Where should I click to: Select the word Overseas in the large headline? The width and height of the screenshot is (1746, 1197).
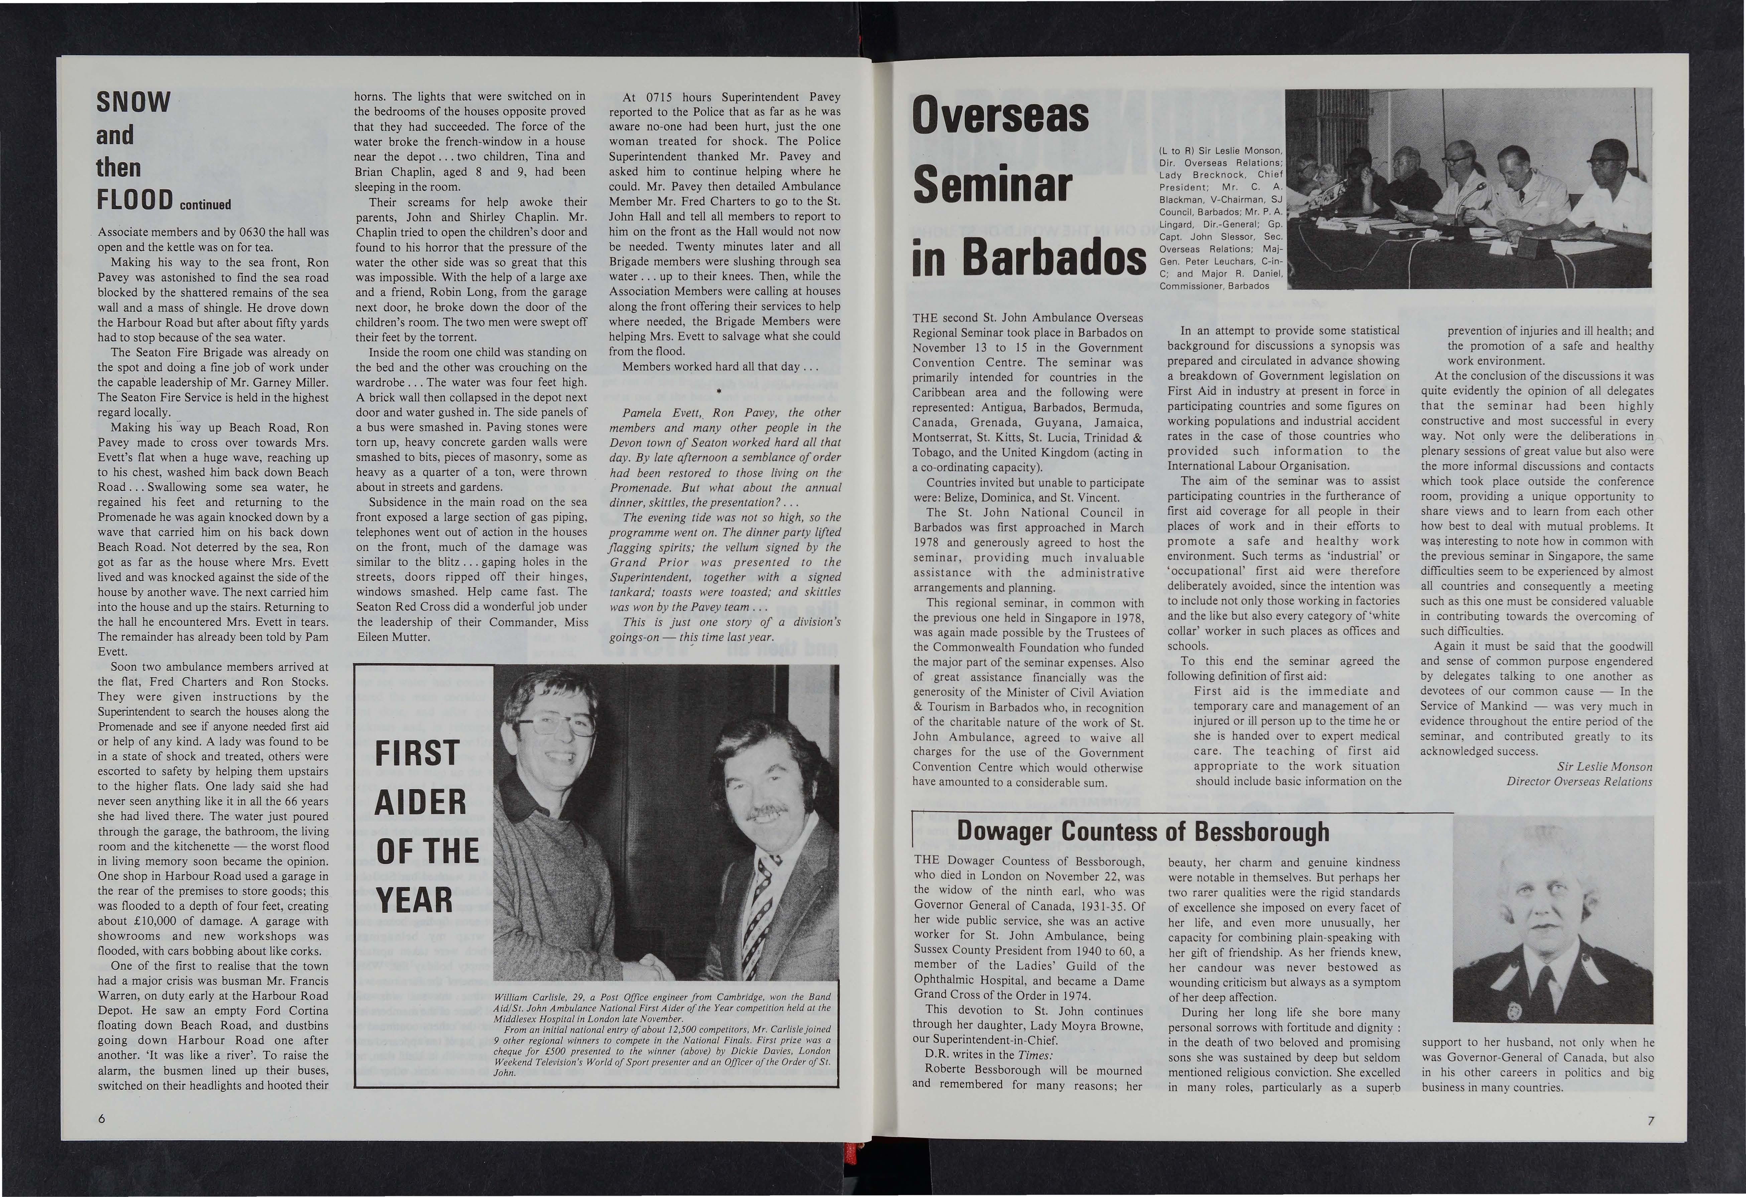(1001, 117)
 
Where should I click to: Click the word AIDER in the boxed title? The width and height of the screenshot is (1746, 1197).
(420, 802)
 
